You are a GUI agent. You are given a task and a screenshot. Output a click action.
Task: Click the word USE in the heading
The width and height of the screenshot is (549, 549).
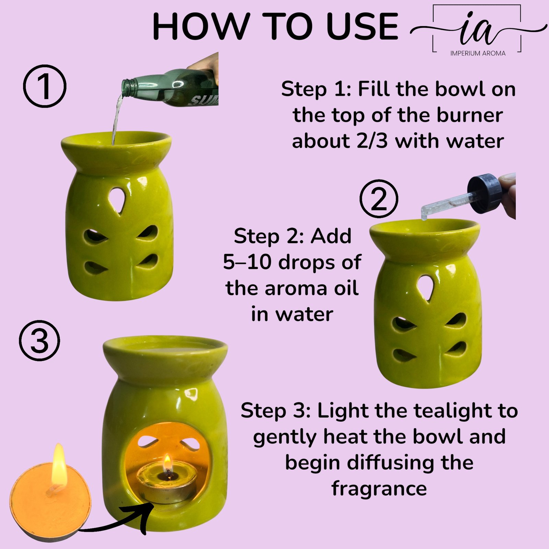[x=362, y=27]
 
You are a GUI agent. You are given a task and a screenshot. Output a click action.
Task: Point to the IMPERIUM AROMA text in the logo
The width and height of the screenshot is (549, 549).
[x=478, y=53]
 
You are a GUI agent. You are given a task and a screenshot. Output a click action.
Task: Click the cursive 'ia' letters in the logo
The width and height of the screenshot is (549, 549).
[x=477, y=29]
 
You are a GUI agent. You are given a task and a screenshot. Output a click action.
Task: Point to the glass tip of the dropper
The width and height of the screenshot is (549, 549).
[x=424, y=214]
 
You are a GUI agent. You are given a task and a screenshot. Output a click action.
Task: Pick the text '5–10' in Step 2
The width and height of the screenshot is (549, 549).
[x=245, y=262]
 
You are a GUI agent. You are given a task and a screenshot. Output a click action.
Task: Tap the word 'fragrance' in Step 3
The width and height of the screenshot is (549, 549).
[x=379, y=488]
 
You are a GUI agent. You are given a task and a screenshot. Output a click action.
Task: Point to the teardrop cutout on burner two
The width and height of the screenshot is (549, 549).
[x=425, y=287]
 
